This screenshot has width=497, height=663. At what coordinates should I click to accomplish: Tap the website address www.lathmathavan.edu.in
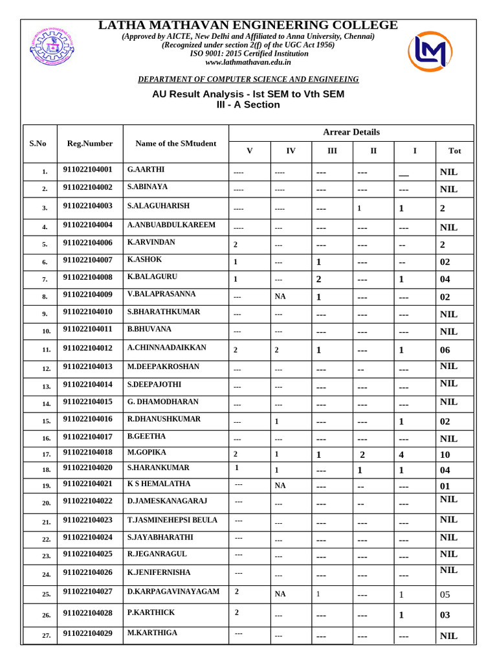[248, 62]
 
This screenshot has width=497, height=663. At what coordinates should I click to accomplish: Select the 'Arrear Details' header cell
[351, 132]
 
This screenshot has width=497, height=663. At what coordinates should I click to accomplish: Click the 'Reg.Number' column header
[89, 143]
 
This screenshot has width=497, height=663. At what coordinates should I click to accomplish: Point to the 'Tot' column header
[454, 151]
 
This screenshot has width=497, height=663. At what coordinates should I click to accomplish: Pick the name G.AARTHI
[146, 170]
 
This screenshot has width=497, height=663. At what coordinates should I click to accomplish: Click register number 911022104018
[88, 452]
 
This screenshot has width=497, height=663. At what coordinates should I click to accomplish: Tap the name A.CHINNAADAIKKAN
[167, 348]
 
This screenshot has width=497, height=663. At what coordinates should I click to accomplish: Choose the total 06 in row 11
[445, 350]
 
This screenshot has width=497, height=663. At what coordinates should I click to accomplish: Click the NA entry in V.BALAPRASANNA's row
[280, 297]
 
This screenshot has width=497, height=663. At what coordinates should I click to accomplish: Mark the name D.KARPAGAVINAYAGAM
[173, 592]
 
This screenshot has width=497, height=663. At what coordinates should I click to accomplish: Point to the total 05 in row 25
[445, 594]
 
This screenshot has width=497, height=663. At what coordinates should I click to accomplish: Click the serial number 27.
[46, 636]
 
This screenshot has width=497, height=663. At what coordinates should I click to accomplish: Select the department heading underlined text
[248, 79]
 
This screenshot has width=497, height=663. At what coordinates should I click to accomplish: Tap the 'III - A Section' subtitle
[248, 104]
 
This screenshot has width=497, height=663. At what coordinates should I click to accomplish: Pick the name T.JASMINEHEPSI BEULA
[172, 520]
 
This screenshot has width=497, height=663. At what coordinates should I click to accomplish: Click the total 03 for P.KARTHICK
[445, 615]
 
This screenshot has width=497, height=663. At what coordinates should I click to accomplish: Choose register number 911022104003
[88, 206]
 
